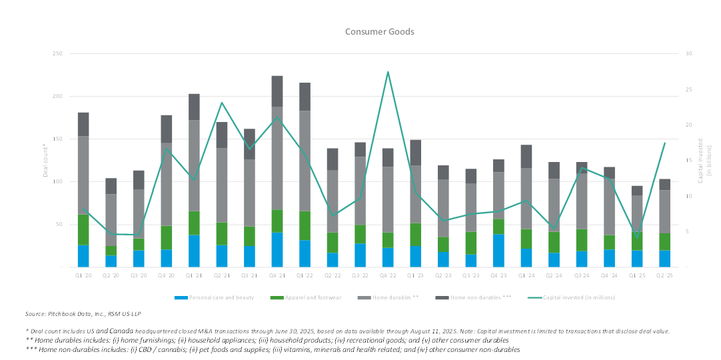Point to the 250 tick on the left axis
58,54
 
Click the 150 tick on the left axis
58,139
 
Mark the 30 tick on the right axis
689,54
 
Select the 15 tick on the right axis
689,161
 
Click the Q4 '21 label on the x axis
277,275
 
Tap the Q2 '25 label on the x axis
664,275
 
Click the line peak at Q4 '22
388,71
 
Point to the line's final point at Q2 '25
664,143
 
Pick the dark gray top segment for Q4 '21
277,91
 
